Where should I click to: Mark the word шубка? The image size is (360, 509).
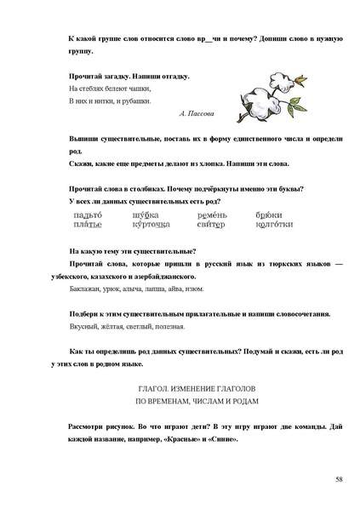tap(146, 215)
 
